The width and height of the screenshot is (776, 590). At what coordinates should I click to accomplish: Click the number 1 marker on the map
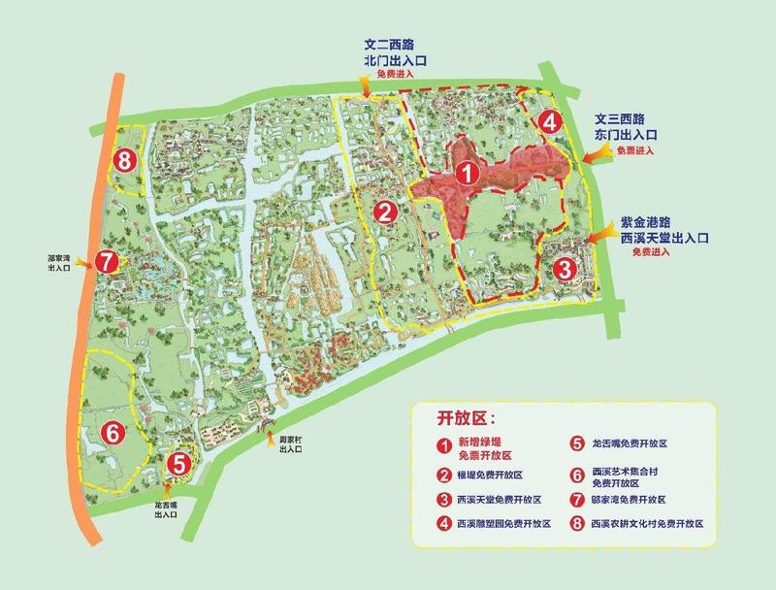click(x=467, y=174)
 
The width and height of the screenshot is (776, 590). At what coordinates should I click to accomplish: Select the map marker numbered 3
click(x=564, y=268)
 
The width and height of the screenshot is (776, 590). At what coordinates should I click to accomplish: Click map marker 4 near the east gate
click(x=549, y=122)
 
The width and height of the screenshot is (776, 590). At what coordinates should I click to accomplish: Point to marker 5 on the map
click(x=177, y=464)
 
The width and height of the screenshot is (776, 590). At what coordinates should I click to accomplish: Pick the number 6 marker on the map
click(x=113, y=432)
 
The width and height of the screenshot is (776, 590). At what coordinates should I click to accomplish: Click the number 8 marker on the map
click(x=123, y=161)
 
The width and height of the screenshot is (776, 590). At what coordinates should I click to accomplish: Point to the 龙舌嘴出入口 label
click(x=166, y=511)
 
